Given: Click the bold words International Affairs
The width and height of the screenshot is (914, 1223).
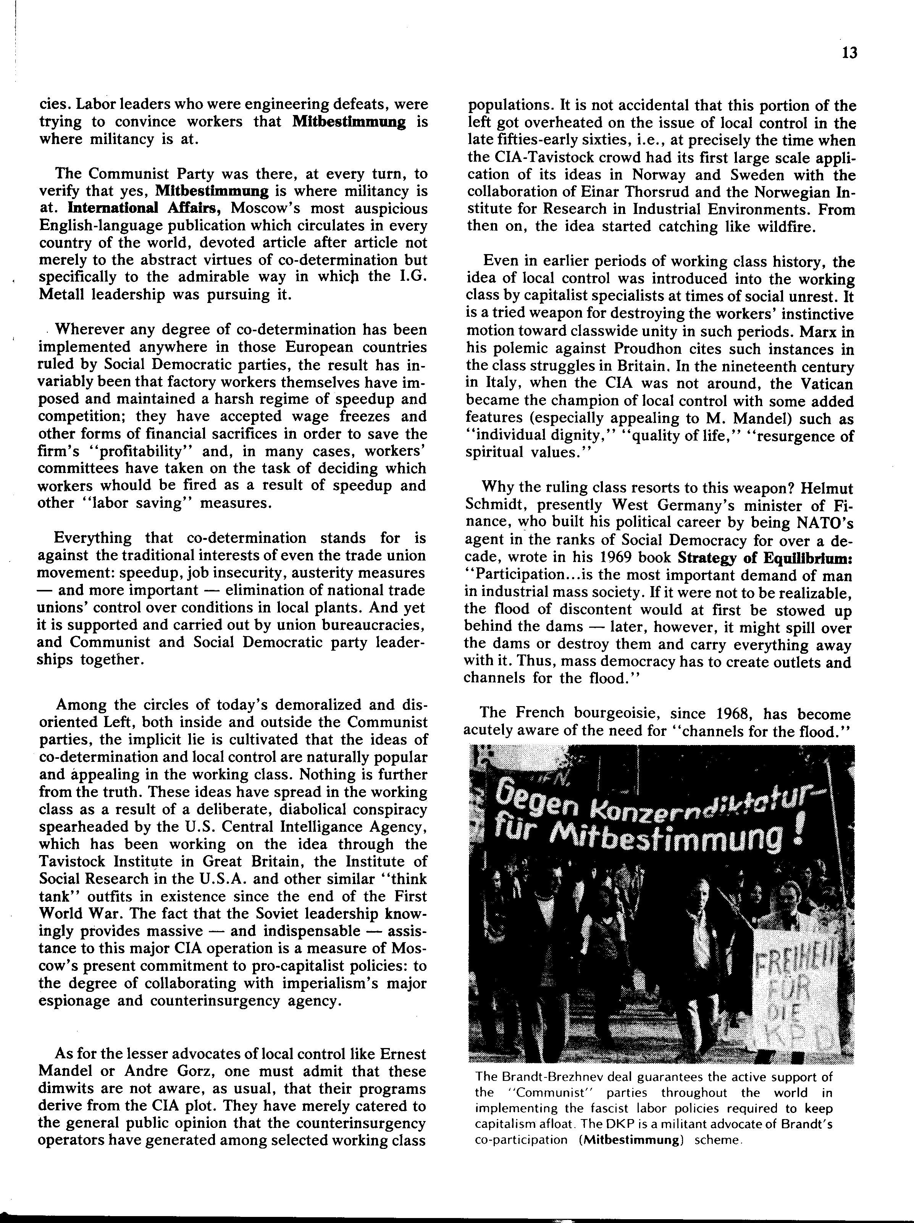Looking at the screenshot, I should (144, 209).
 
